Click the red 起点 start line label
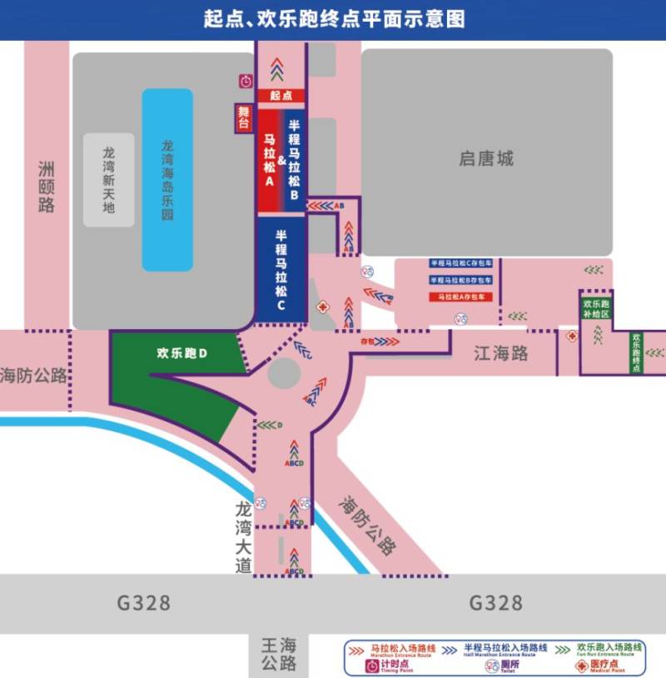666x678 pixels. pos(281,97)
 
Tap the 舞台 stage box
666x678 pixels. pos(244,118)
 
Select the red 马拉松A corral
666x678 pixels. pos(270,159)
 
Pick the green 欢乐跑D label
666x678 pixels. pos(181,353)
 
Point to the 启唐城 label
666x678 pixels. pos(486,158)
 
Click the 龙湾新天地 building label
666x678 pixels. pos(108,179)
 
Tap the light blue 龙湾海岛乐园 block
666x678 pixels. pos(167,180)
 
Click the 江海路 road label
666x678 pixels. pos(500,354)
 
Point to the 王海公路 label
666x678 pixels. pos(278,654)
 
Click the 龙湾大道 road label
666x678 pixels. pos(243,536)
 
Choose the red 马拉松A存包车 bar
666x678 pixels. pos(461,297)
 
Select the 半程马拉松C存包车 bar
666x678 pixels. pos(461,263)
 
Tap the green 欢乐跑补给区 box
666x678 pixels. pos(597,309)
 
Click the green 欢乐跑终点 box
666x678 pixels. pos(636,352)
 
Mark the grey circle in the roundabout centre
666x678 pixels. pos(283,372)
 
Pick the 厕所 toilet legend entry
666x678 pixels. pos(498,666)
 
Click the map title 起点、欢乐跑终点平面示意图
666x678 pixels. pos(333,19)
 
